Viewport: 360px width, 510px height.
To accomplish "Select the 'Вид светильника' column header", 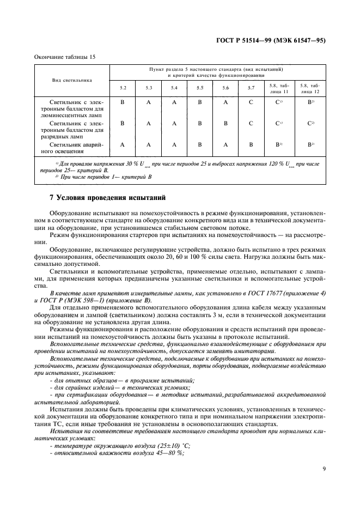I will coord(72,80).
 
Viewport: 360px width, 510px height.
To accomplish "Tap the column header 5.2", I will coord(123,88).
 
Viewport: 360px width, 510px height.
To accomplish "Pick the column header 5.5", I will coord(199,88).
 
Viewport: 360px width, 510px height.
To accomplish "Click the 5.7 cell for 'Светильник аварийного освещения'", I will coord(251,144).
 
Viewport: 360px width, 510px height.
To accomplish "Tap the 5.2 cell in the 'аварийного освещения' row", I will coord(123,144).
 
